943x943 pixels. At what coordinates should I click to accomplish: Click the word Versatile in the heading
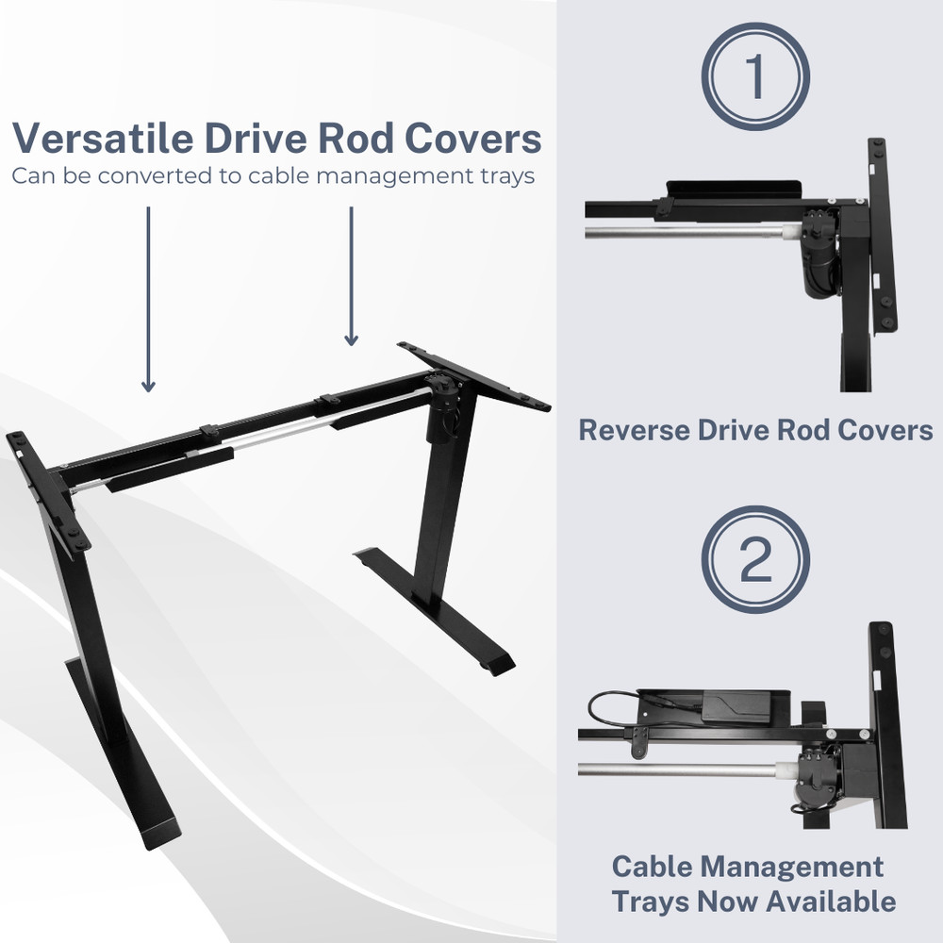tap(103, 139)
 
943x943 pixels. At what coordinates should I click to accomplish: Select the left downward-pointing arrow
tap(149, 300)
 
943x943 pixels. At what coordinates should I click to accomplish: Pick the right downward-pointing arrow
tap(351, 276)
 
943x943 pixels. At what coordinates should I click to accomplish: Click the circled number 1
tap(755, 76)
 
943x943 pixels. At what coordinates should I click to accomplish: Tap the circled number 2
tap(755, 559)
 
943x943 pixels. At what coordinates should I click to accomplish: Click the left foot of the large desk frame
tap(124, 752)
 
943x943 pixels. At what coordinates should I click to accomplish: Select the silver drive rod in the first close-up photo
tap(691, 231)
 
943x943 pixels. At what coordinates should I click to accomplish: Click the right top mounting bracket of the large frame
tap(474, 376)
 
